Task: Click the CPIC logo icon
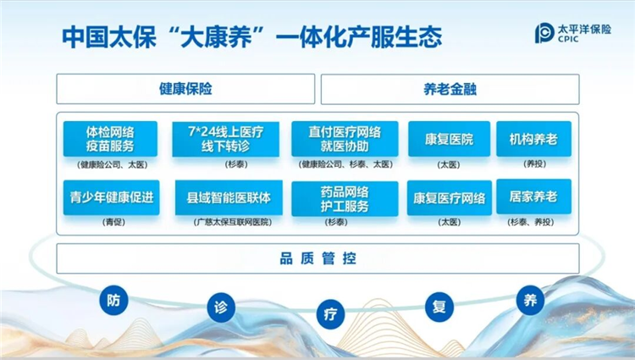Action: click(x=544, y=34)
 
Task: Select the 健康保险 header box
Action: click(x=185, y=89)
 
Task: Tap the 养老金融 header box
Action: click(x=450, y=89)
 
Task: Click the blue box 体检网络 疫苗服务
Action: click(x=111, y=139)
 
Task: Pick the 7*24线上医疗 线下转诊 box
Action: click(x=225, y=139)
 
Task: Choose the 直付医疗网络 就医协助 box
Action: click(x=345, y=139)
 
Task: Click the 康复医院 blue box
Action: click(x=449, y=139)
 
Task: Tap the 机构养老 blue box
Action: click(x=533, y=138)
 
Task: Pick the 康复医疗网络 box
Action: click(x=449, y=198)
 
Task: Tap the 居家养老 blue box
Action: click(x=533, y=197)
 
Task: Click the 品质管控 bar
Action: click(x=317, y=258)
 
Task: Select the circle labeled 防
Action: click(x=113, y=299)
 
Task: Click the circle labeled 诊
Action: click(x=222, y=306)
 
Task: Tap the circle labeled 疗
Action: click(x=331, y=313)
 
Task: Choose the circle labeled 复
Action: click(x=439, y=307)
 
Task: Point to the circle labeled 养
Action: click(x=531, y=299)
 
